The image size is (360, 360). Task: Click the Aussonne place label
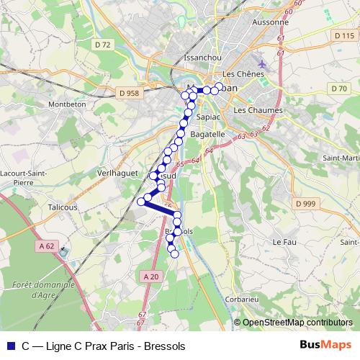pos(271,22)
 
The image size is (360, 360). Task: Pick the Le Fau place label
pos(285,243)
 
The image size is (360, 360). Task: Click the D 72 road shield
pos(104,45)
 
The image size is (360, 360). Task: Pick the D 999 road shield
pos(306,204)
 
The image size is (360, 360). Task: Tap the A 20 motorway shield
pos(150,276)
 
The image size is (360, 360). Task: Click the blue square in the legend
pos(9,346)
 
